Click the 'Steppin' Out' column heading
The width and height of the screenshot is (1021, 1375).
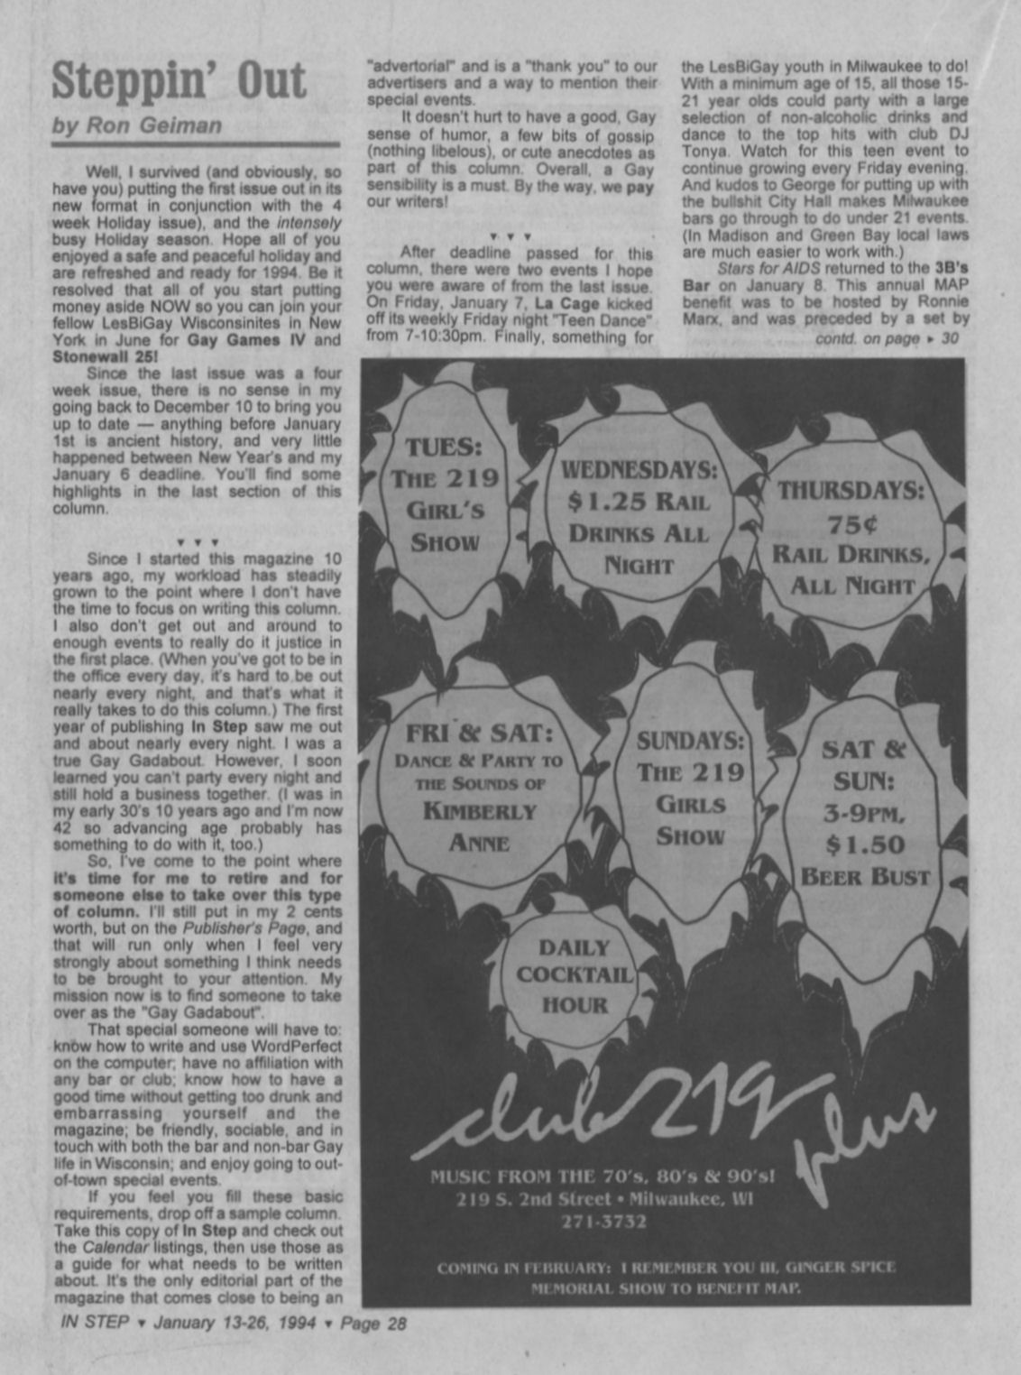(179, 81)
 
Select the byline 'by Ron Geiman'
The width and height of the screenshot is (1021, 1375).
(136, 125)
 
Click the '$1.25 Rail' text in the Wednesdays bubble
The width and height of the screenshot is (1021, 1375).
(638, 501)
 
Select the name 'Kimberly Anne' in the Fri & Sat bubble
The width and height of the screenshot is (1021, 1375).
(479, 826)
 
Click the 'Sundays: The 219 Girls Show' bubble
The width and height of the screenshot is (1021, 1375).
(690, 787)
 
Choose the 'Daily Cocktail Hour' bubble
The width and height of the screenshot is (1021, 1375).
(575, 975)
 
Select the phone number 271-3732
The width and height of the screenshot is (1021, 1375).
(603, 1222)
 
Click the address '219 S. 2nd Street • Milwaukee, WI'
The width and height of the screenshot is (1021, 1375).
(603, 1199)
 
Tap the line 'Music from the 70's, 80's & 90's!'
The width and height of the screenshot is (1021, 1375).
(602, 1176)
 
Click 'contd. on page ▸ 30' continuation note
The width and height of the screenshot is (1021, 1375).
(886, 339)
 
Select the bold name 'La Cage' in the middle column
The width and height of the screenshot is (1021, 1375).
(566, 304)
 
